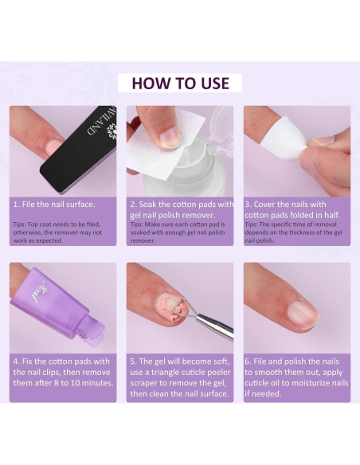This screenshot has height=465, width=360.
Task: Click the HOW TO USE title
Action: [x=180, y=83]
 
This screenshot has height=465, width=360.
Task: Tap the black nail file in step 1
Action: [x=79, y=150]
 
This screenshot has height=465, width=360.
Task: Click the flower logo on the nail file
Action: [x=113, y=131]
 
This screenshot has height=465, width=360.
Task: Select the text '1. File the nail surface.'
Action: [x=54, y=205]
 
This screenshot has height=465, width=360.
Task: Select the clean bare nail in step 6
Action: [x=303, y=314]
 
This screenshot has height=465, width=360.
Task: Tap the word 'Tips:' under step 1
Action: [x=19, y=225]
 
